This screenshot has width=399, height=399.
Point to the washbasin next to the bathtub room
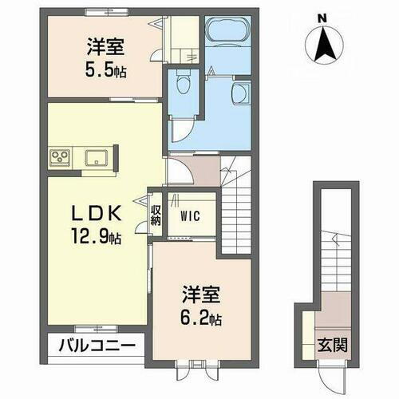coord(241,94)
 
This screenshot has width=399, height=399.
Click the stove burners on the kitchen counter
coord(60,156)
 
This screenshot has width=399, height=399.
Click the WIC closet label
coord(190,215)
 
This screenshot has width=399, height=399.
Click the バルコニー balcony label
coord(100,346)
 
